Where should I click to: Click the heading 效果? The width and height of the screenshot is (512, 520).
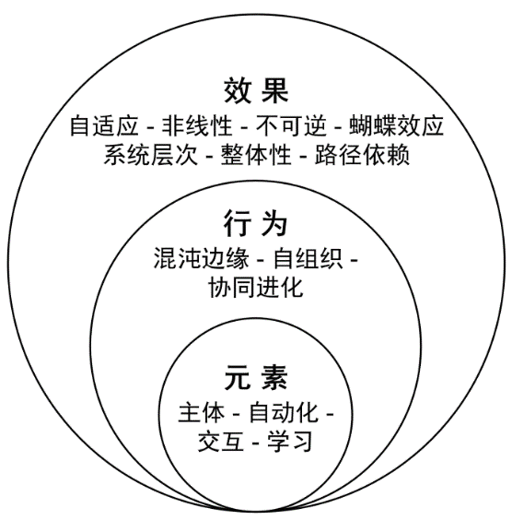(256, 90)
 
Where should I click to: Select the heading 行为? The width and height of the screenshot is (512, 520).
(255, 223)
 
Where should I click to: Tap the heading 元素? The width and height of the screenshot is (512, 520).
(256, 377)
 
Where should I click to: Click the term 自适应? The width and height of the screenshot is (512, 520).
(104, 125)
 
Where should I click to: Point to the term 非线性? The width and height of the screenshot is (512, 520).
(197, 125)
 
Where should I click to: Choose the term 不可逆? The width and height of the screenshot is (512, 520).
(291, 125)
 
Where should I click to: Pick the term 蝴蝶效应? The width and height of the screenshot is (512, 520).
(396, 125)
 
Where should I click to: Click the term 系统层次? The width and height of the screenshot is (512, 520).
(151, 155)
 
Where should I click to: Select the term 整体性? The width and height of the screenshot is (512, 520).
(256, 155)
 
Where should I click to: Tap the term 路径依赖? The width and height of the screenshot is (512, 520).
(362, 155)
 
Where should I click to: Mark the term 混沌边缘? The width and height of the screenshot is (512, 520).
(201, 257)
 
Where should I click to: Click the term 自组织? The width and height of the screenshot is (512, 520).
(308, 257)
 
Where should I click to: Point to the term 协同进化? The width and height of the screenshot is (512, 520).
(256, 287)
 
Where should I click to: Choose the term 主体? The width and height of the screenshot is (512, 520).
(202, 412)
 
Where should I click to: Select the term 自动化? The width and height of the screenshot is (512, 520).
(284, 412)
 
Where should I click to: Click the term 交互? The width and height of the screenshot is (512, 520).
(221, 441)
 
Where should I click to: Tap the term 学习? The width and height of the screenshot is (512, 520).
(290, 441)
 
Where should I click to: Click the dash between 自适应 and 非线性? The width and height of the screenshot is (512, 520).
(150, 127)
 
